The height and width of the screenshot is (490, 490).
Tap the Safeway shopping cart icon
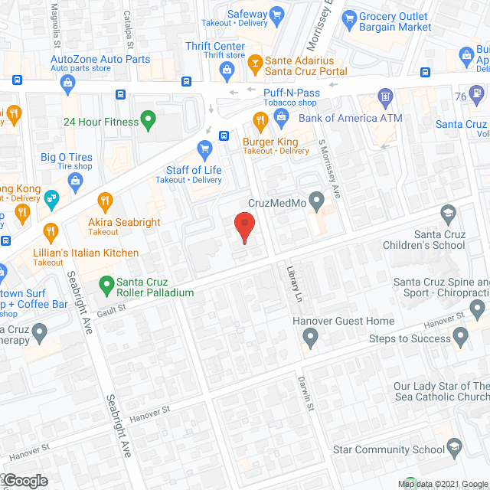click(x=278, y=15)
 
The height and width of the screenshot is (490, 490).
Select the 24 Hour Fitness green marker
click(x=149, y=120)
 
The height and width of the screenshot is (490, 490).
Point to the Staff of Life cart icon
click(x=204, y=148)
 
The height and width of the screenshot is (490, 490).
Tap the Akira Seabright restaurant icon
click(x=106, y=201)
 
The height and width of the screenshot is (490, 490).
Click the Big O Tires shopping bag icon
click(x=76, y=181)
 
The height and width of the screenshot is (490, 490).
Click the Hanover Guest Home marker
click(x=310, y=335)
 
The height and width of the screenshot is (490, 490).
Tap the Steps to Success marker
click(x=460, y=335)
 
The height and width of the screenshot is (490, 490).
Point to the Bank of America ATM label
click(x=350, y=118)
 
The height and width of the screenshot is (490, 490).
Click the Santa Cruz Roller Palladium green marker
click(x=107, y=287)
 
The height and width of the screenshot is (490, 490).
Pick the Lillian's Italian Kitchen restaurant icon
click(x=51, y=230)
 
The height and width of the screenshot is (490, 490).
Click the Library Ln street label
click(x=292, y=283)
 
